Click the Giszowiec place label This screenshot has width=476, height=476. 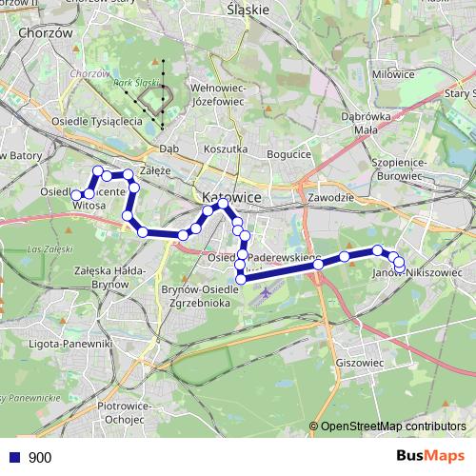click(359, 363)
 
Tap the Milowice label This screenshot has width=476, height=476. click(393, 72)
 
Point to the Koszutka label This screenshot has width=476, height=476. click(226, 149)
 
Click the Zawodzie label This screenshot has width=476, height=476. click(331, 196)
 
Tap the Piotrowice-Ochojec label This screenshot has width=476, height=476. click(126, 411)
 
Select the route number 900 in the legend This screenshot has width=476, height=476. click(40, 458)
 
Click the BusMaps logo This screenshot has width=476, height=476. click(430, 456)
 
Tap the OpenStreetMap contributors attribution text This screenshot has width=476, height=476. click(393, 427)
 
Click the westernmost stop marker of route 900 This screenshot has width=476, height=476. click(76, 194)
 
